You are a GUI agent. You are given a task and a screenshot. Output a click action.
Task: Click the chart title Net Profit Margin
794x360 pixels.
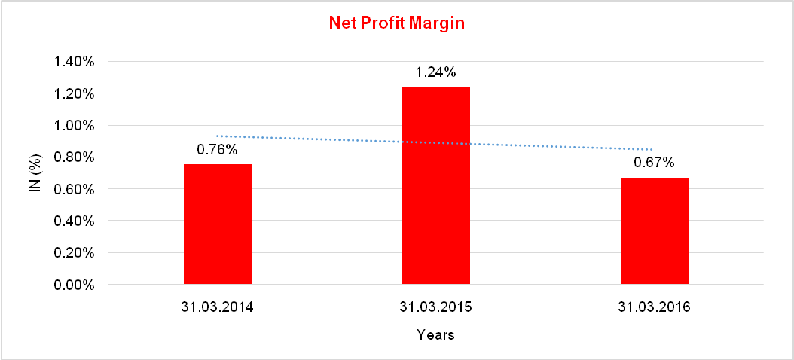396,23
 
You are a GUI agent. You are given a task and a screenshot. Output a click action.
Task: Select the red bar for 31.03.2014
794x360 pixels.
218,224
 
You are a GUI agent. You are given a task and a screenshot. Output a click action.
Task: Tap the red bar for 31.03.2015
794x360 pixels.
436,185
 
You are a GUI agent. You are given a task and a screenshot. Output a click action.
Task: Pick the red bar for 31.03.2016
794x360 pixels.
654,231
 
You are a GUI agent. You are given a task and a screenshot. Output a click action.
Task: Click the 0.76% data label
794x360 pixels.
218,150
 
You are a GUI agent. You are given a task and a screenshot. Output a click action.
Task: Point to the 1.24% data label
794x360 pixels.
436,73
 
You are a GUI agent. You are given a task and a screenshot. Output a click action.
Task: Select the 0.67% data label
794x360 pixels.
654,163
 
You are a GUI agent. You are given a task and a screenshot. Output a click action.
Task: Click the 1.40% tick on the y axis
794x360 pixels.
74,63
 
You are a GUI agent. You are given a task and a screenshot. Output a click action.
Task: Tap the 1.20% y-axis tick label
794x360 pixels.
74,94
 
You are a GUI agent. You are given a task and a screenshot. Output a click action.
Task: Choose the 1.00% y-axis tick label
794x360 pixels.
74,126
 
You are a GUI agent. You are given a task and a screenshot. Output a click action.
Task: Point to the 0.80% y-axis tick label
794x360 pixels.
74,158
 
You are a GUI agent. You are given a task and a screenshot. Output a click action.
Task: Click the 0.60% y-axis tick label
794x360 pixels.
74,190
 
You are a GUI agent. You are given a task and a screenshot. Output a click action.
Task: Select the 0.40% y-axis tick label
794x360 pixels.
74,221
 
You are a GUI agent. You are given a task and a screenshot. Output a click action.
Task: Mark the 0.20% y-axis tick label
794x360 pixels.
74,254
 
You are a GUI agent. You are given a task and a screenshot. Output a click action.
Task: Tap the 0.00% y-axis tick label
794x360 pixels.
74,285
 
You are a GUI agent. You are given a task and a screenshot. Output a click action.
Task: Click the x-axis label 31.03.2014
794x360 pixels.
218,308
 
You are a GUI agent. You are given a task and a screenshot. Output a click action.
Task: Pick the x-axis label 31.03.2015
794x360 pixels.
436,308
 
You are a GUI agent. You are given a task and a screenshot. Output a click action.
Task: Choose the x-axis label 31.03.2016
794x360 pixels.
654,308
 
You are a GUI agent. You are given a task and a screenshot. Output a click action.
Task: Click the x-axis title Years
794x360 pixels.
435,334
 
